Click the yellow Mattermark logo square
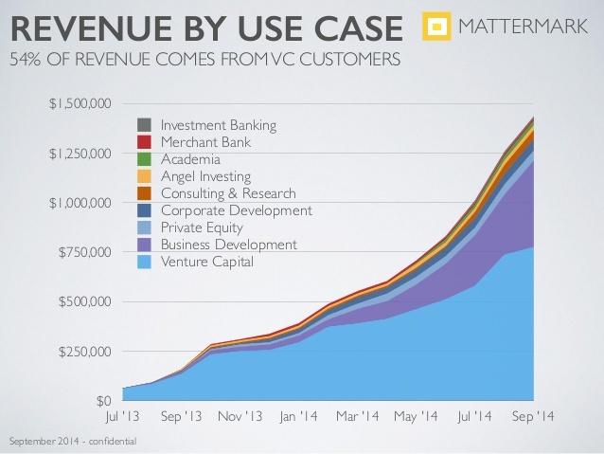point(435,27)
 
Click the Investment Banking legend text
point(219,125)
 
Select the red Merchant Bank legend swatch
point(145,142)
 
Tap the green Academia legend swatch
point(145,159)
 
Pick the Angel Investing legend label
point(206,176)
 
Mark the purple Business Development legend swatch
point(145,245)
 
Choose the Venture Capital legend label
point(207,262)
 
